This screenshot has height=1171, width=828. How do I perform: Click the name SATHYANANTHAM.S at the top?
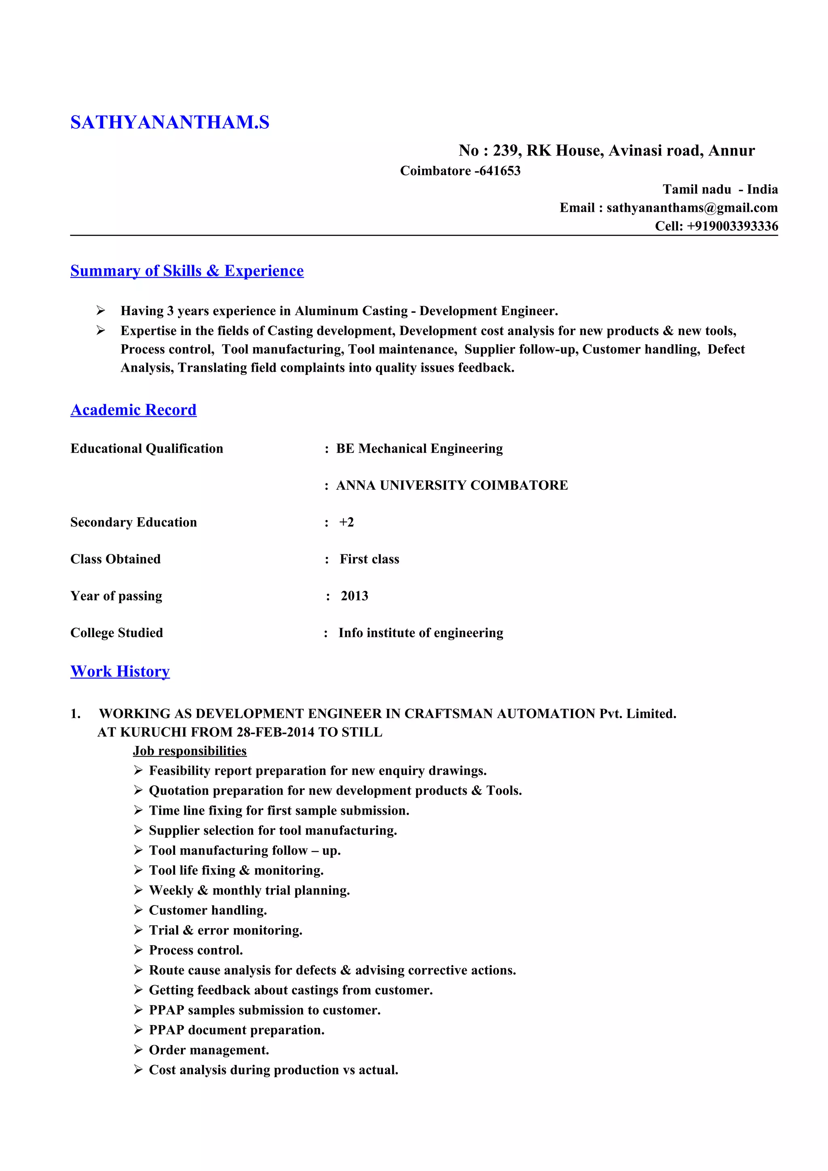pos(169,122)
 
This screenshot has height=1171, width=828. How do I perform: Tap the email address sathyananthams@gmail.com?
pos(692,208)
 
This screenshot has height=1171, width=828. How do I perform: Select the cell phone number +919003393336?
pos(732,226)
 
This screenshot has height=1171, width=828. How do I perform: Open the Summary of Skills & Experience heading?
pos(187,271)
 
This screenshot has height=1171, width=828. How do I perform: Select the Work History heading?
pos(120,672)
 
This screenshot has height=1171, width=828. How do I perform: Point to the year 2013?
pos(354,596)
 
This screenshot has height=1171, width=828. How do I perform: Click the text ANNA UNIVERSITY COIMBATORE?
pos(452,485)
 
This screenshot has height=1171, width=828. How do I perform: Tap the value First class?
pos(370,559)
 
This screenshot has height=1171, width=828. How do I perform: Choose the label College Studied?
pos(116,633)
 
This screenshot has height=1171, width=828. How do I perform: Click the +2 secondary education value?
pos(346,522)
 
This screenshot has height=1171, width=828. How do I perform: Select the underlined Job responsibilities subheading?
pos(189,751)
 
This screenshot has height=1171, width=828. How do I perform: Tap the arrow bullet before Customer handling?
pos(138,910)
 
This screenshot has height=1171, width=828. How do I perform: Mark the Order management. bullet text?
pos(209,1050)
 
